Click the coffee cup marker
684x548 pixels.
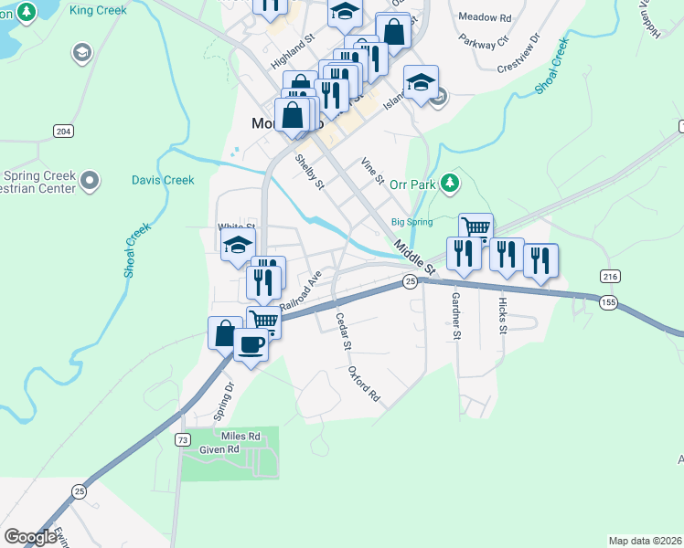[251, 345]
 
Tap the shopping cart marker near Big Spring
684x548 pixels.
[476, 227]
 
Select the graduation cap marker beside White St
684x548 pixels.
[238, 245]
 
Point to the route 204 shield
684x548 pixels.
[63, 132]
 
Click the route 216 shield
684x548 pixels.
[610, 276]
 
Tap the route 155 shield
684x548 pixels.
[608, 301]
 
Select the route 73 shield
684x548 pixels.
[183, 440]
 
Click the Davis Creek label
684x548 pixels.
[163, 180]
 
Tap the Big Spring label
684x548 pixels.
[411, 221]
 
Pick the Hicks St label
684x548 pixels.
[502, 314]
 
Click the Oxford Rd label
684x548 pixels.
[363, 385]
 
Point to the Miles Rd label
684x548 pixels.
[242, 437]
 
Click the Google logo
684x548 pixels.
[30, 537]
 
